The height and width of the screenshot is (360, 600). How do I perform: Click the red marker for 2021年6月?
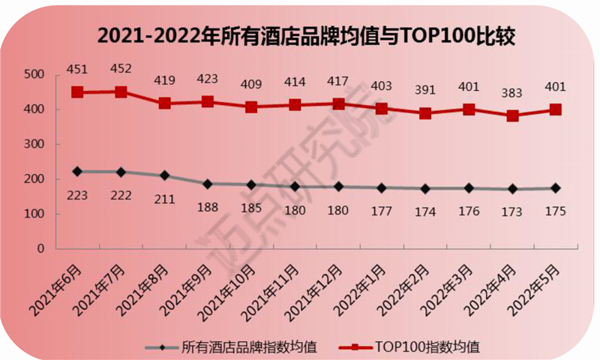[x=77, y=92]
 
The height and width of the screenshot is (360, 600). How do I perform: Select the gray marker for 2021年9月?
[x=208, y=184]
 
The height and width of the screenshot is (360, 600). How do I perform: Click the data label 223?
[x=77, y=195]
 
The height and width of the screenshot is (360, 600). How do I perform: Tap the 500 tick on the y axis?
[x=34, y=74]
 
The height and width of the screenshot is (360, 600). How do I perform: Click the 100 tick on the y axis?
[x=34, y=214]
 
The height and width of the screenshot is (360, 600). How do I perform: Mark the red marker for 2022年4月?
[x=512, y=116]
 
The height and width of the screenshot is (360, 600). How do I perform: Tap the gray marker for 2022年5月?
[x=556, y=188]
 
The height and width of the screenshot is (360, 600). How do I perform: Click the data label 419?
[x=164, y=78]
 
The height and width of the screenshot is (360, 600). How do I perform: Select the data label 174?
[x=425, y=211]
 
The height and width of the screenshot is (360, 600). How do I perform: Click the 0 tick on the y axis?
[x=42, y=249]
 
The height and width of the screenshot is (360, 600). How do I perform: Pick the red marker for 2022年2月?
[x=425, y=113]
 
